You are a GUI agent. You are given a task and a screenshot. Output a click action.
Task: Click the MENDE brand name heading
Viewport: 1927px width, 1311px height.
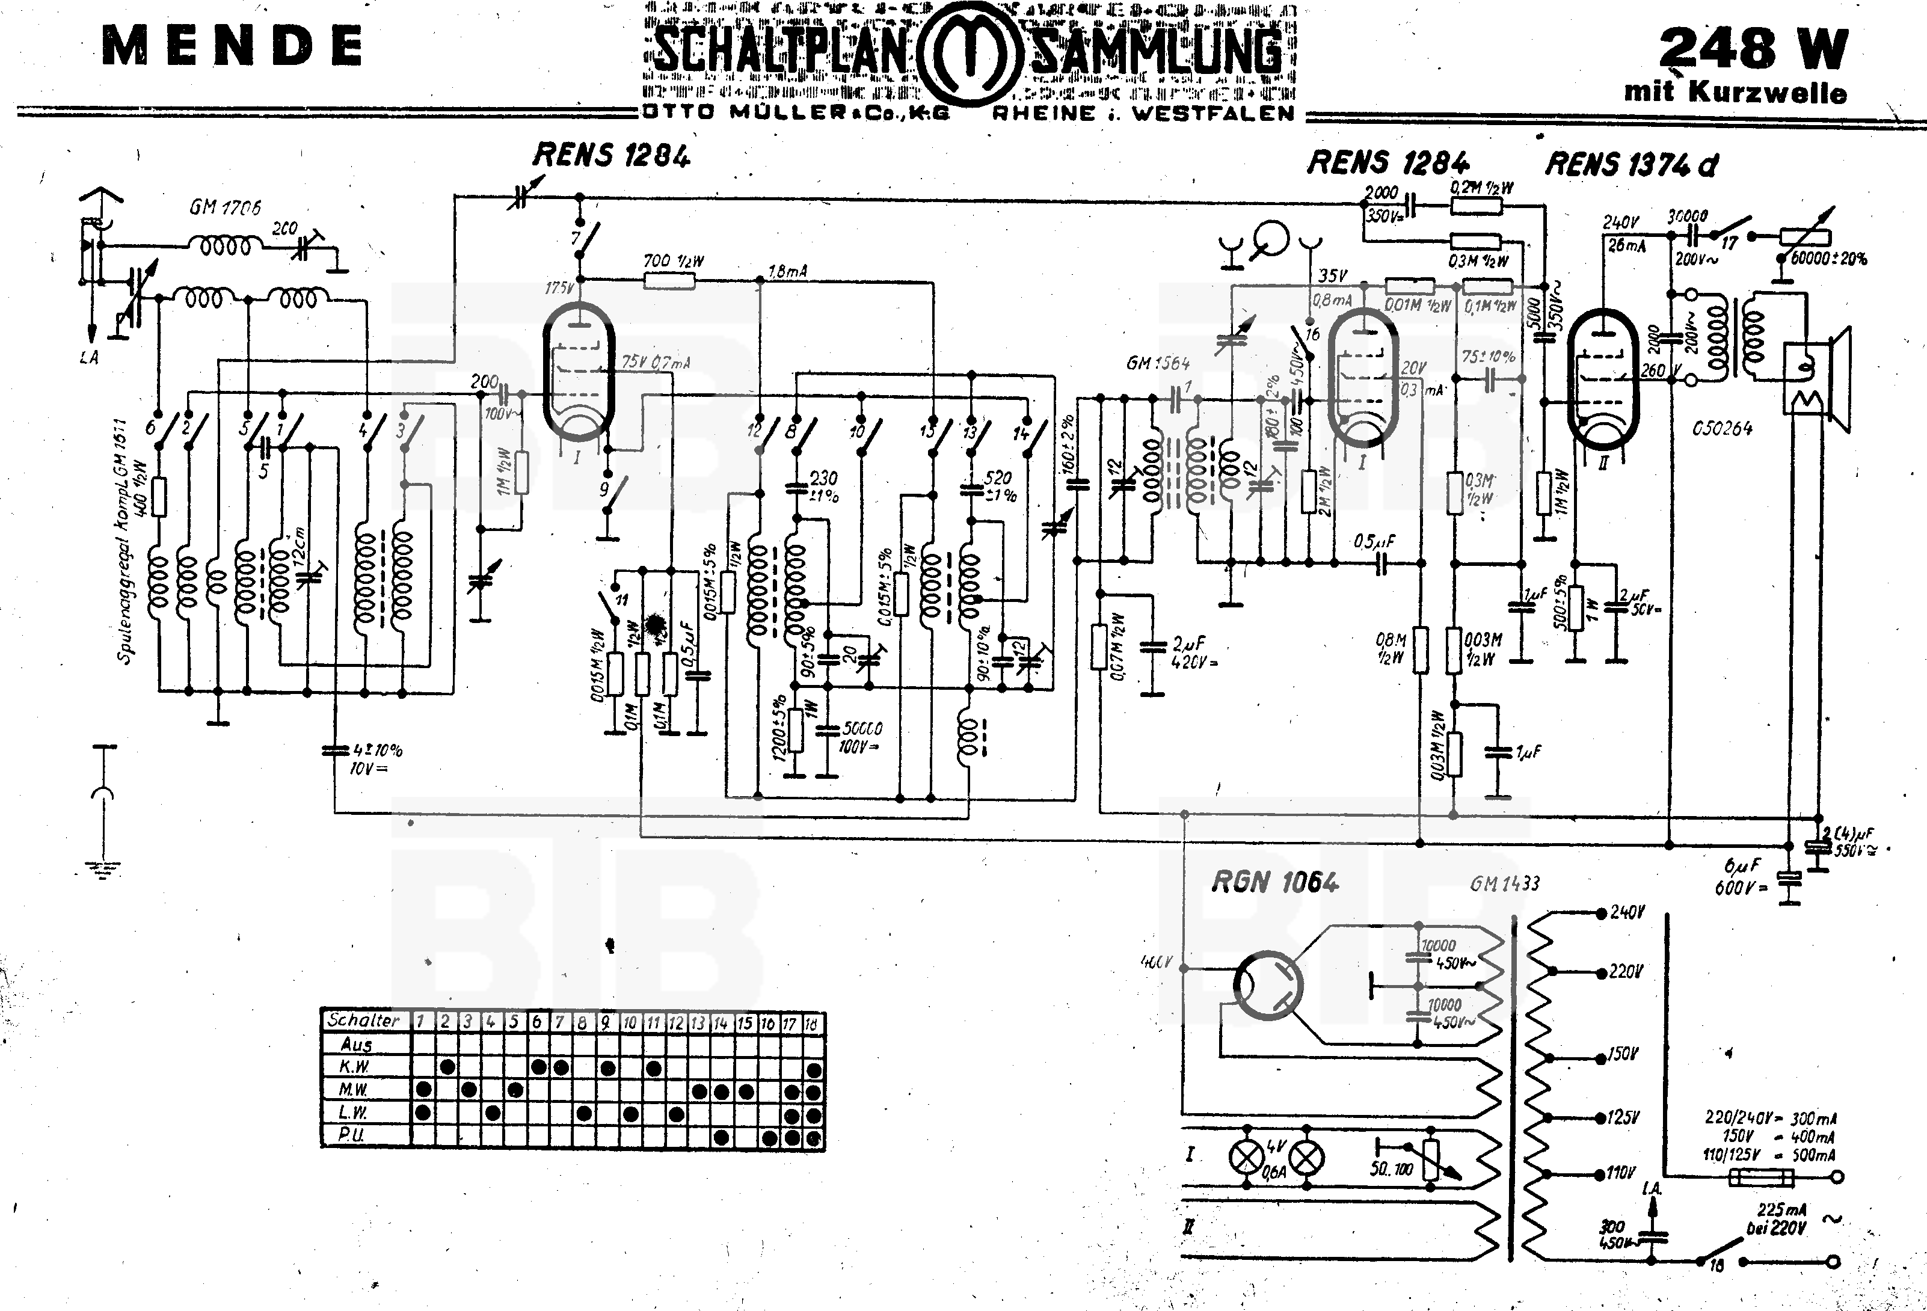[232, 46]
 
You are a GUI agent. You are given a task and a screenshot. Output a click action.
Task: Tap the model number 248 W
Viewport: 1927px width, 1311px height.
[1753, 48]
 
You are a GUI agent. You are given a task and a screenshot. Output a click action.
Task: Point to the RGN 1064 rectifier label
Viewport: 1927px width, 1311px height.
[1274, 882]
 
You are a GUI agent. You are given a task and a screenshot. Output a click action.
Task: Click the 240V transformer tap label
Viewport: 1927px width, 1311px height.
[1626, 913]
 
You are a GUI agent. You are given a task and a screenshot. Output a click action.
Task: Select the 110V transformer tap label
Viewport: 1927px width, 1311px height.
[1621, 1173]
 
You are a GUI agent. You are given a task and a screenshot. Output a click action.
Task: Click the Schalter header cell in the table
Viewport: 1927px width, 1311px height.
[364, 1021]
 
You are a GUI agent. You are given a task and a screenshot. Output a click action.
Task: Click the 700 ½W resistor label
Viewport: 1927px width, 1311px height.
[673, 261]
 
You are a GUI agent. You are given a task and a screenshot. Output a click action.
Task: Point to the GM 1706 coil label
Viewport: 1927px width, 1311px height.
[225, 207]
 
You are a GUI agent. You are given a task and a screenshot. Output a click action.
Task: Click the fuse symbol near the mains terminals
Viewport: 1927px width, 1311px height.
[1760, 1177]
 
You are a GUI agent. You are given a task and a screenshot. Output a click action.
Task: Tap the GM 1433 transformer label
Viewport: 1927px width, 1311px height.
[1504, 884]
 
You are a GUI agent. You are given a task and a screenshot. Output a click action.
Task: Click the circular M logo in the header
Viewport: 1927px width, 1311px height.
[968, 52]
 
